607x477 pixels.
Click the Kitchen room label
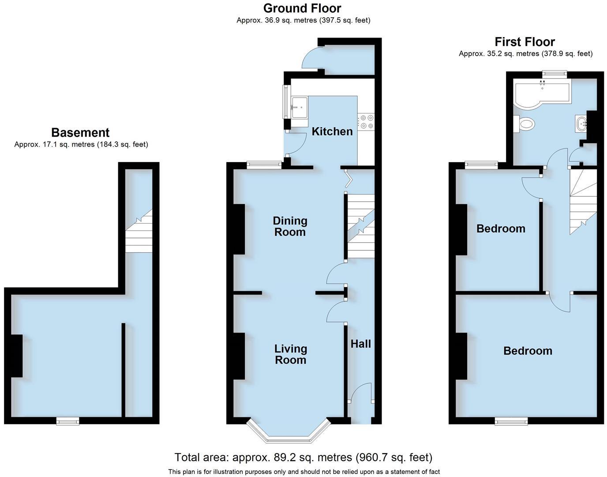coord(332,131)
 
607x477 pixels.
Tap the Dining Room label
coord(290,226)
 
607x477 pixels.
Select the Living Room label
coord(290,354)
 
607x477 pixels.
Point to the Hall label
coord(360,344)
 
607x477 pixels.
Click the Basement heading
coord(80,132)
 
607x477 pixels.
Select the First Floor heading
coord(525,42)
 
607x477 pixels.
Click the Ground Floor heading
coord(302,8)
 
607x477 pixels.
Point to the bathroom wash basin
coord(581,123)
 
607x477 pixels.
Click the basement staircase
coord(139,232)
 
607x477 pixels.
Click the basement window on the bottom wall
coord(67,421)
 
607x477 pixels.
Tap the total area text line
coord(303,458)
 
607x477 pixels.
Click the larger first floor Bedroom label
coord(528,351)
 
